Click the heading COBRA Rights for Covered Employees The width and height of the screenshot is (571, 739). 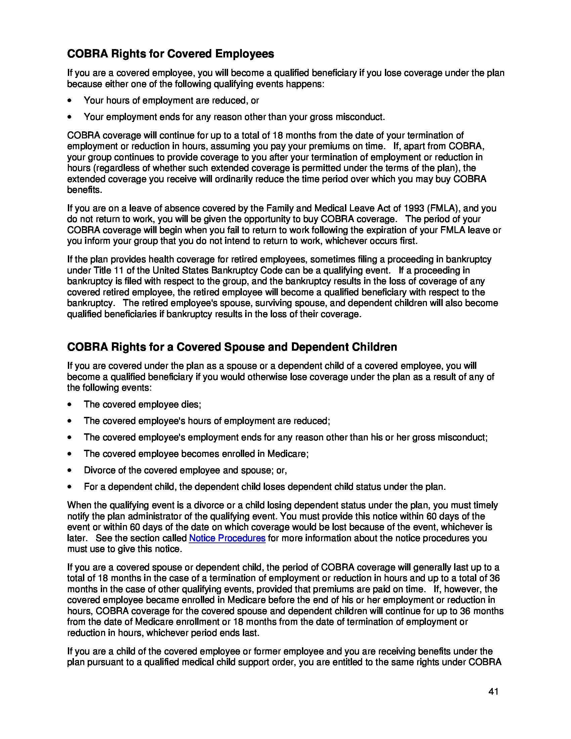[171, 54]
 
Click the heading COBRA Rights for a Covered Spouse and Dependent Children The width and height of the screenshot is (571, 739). [232, 347]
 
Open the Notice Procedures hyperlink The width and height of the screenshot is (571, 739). [227, 538]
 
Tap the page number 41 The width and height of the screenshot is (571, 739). [493, 692]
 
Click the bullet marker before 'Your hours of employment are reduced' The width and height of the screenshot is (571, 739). [70, 101]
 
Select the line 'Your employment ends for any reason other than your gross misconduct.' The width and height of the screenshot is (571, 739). [234, 117]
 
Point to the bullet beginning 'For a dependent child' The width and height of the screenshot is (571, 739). [265, 487]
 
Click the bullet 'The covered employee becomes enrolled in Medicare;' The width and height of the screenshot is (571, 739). [196, 454]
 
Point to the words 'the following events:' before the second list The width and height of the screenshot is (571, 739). [109, 388]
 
